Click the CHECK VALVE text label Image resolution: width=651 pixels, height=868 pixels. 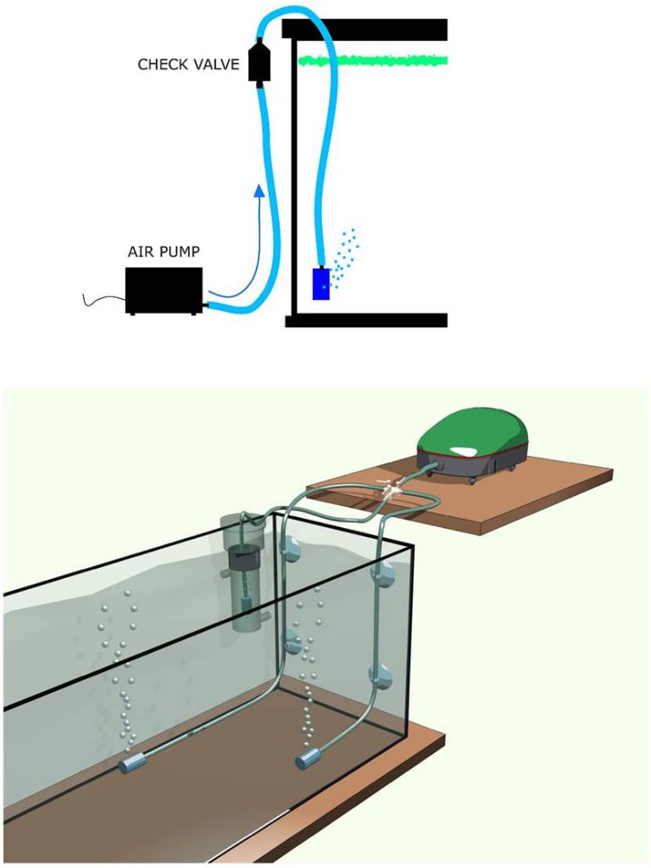188,64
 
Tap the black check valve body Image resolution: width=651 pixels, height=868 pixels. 258,61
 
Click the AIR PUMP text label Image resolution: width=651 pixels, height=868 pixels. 164,252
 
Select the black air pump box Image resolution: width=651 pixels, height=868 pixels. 164,291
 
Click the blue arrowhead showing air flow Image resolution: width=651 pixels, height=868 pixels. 259,191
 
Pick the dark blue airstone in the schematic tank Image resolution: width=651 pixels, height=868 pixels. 321,284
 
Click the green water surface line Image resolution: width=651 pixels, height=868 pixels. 373,61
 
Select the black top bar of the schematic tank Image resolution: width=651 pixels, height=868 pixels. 364,29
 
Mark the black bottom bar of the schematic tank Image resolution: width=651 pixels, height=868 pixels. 366,320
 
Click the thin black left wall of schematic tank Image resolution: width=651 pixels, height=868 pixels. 294,176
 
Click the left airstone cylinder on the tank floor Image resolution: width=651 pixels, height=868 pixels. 131,765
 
